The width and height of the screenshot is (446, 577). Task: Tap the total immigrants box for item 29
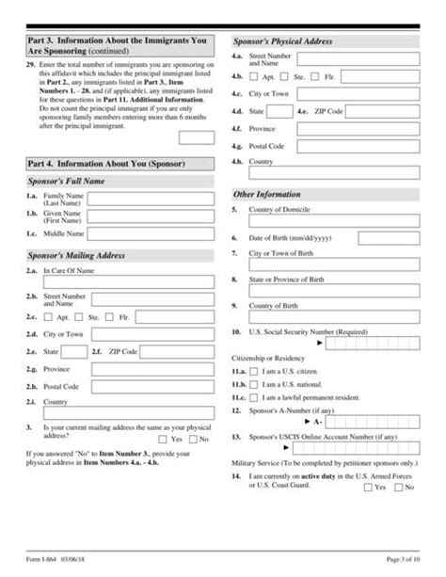pos(196,136)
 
